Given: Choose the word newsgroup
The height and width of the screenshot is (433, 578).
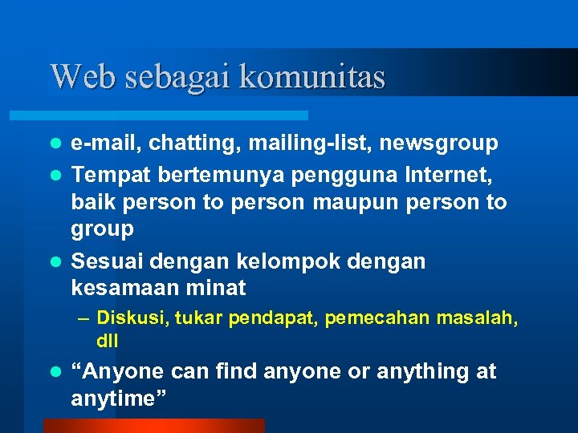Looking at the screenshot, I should [440, 144].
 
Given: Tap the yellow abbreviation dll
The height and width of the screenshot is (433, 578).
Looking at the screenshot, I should [108, 340].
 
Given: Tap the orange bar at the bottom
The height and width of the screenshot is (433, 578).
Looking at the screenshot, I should [153, 425].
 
